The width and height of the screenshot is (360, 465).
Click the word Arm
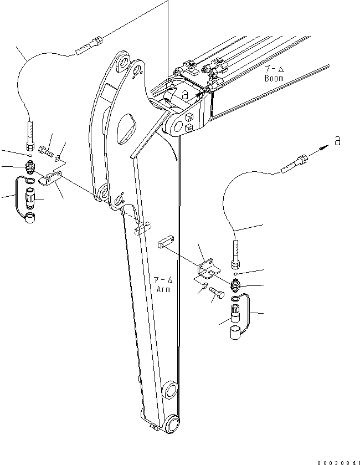pos(163,289)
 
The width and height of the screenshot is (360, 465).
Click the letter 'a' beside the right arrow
pos(337,142)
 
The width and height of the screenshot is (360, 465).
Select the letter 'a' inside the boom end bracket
pos(185,96)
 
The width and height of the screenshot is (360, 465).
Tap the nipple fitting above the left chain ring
pos(31,167)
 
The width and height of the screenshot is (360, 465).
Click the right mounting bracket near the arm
pos(208,267)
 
